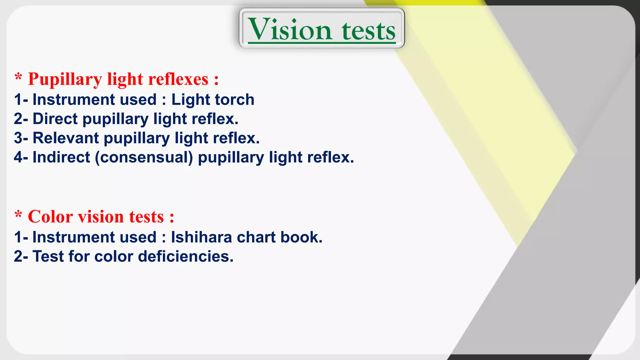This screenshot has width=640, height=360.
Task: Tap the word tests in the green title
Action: (x=369, y=31)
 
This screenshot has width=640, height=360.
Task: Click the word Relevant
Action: (x=66, y=138)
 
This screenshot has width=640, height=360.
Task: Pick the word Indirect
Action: (x=61, y=157)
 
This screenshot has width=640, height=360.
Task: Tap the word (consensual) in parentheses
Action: (x=144, y=157)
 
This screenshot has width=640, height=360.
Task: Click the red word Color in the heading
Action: (x=50, y=217)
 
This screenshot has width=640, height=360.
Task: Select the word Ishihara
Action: (x=201, y=237)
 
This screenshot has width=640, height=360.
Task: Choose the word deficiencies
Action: (x=186, y=257)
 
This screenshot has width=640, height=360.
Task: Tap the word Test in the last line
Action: (x=48, y=257)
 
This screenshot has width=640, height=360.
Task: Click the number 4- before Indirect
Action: (x=21, y=157)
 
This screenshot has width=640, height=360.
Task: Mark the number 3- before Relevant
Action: (x=21, y=138)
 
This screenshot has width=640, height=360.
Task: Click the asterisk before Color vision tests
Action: (x=18, y=215)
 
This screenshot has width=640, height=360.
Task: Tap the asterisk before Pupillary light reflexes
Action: (x=18, y=77)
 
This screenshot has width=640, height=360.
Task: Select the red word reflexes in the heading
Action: (x=178, y=79)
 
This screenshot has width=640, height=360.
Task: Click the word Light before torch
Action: (x=190, y=100)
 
